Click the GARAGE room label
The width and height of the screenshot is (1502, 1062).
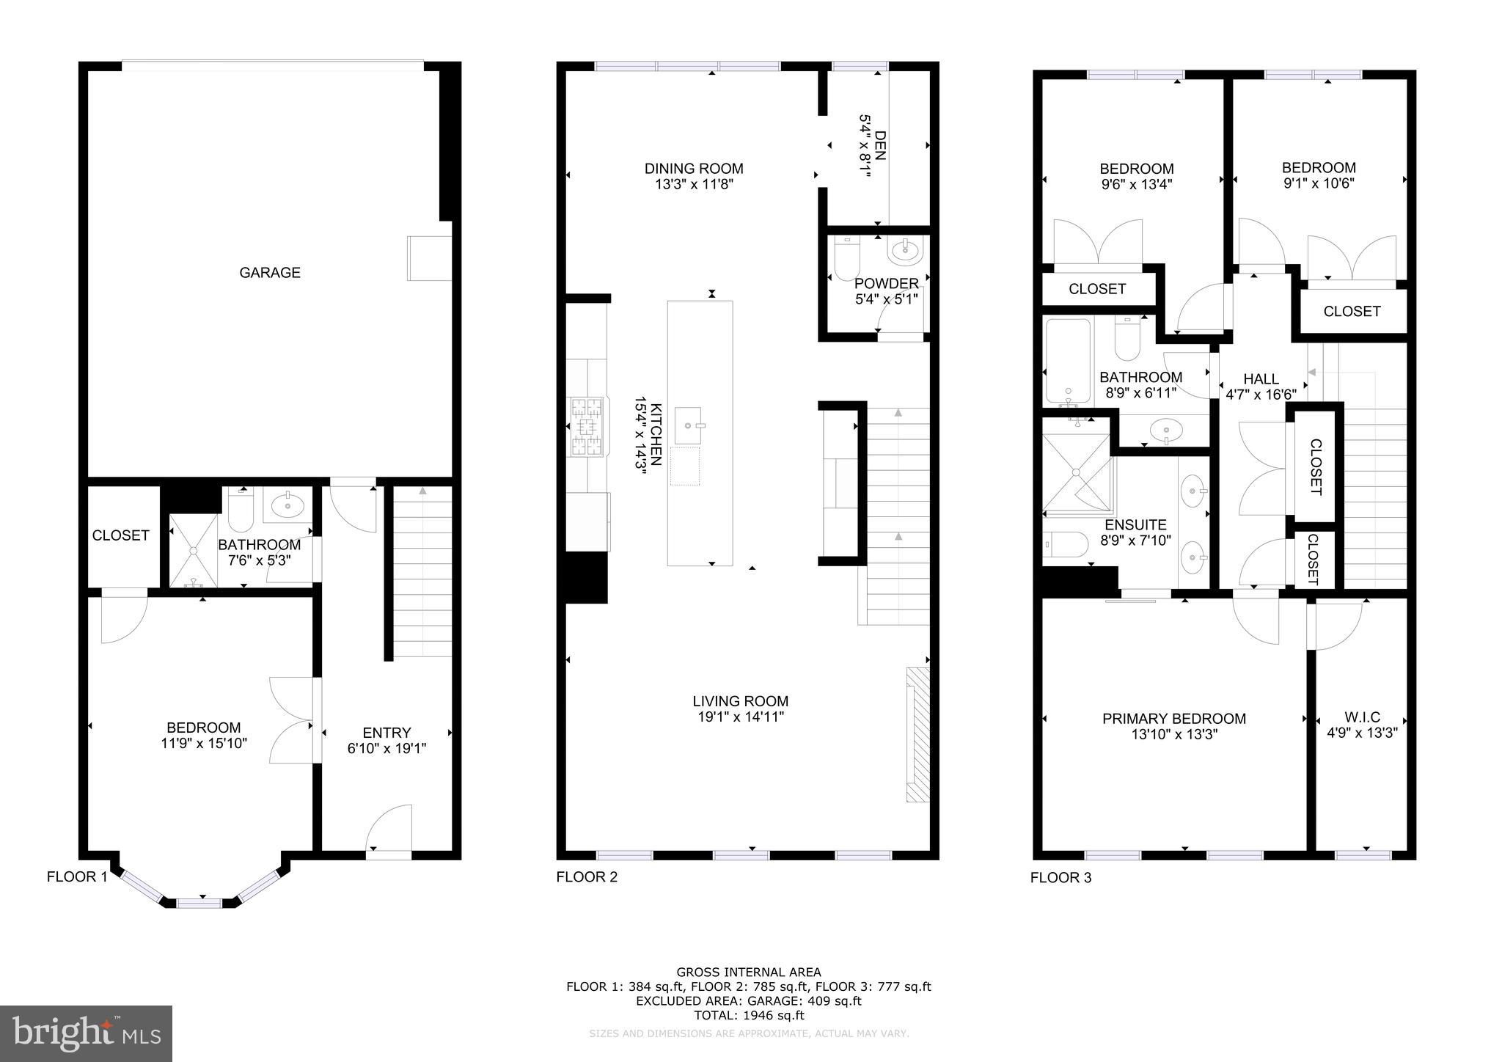click(270, 273)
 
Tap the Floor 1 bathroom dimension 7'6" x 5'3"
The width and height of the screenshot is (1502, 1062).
click(259, 560)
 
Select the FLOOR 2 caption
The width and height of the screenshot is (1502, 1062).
click(587, 876)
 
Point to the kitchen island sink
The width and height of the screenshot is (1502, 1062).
click(688, 423)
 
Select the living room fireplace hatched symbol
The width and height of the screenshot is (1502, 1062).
click(917, 734)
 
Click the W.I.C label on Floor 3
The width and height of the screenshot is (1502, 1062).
click(1362, 717)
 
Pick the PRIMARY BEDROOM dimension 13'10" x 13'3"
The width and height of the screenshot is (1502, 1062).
click(1174, 734)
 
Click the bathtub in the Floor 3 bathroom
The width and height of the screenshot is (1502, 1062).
click(1068, 362)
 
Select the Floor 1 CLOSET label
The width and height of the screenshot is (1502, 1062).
click(121, 535)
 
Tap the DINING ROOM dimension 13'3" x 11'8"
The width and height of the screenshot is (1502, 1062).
click(694, 185)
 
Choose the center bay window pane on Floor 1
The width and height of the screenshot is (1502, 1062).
click(199, 903)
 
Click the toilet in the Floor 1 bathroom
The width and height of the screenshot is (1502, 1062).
click(241, 510)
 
